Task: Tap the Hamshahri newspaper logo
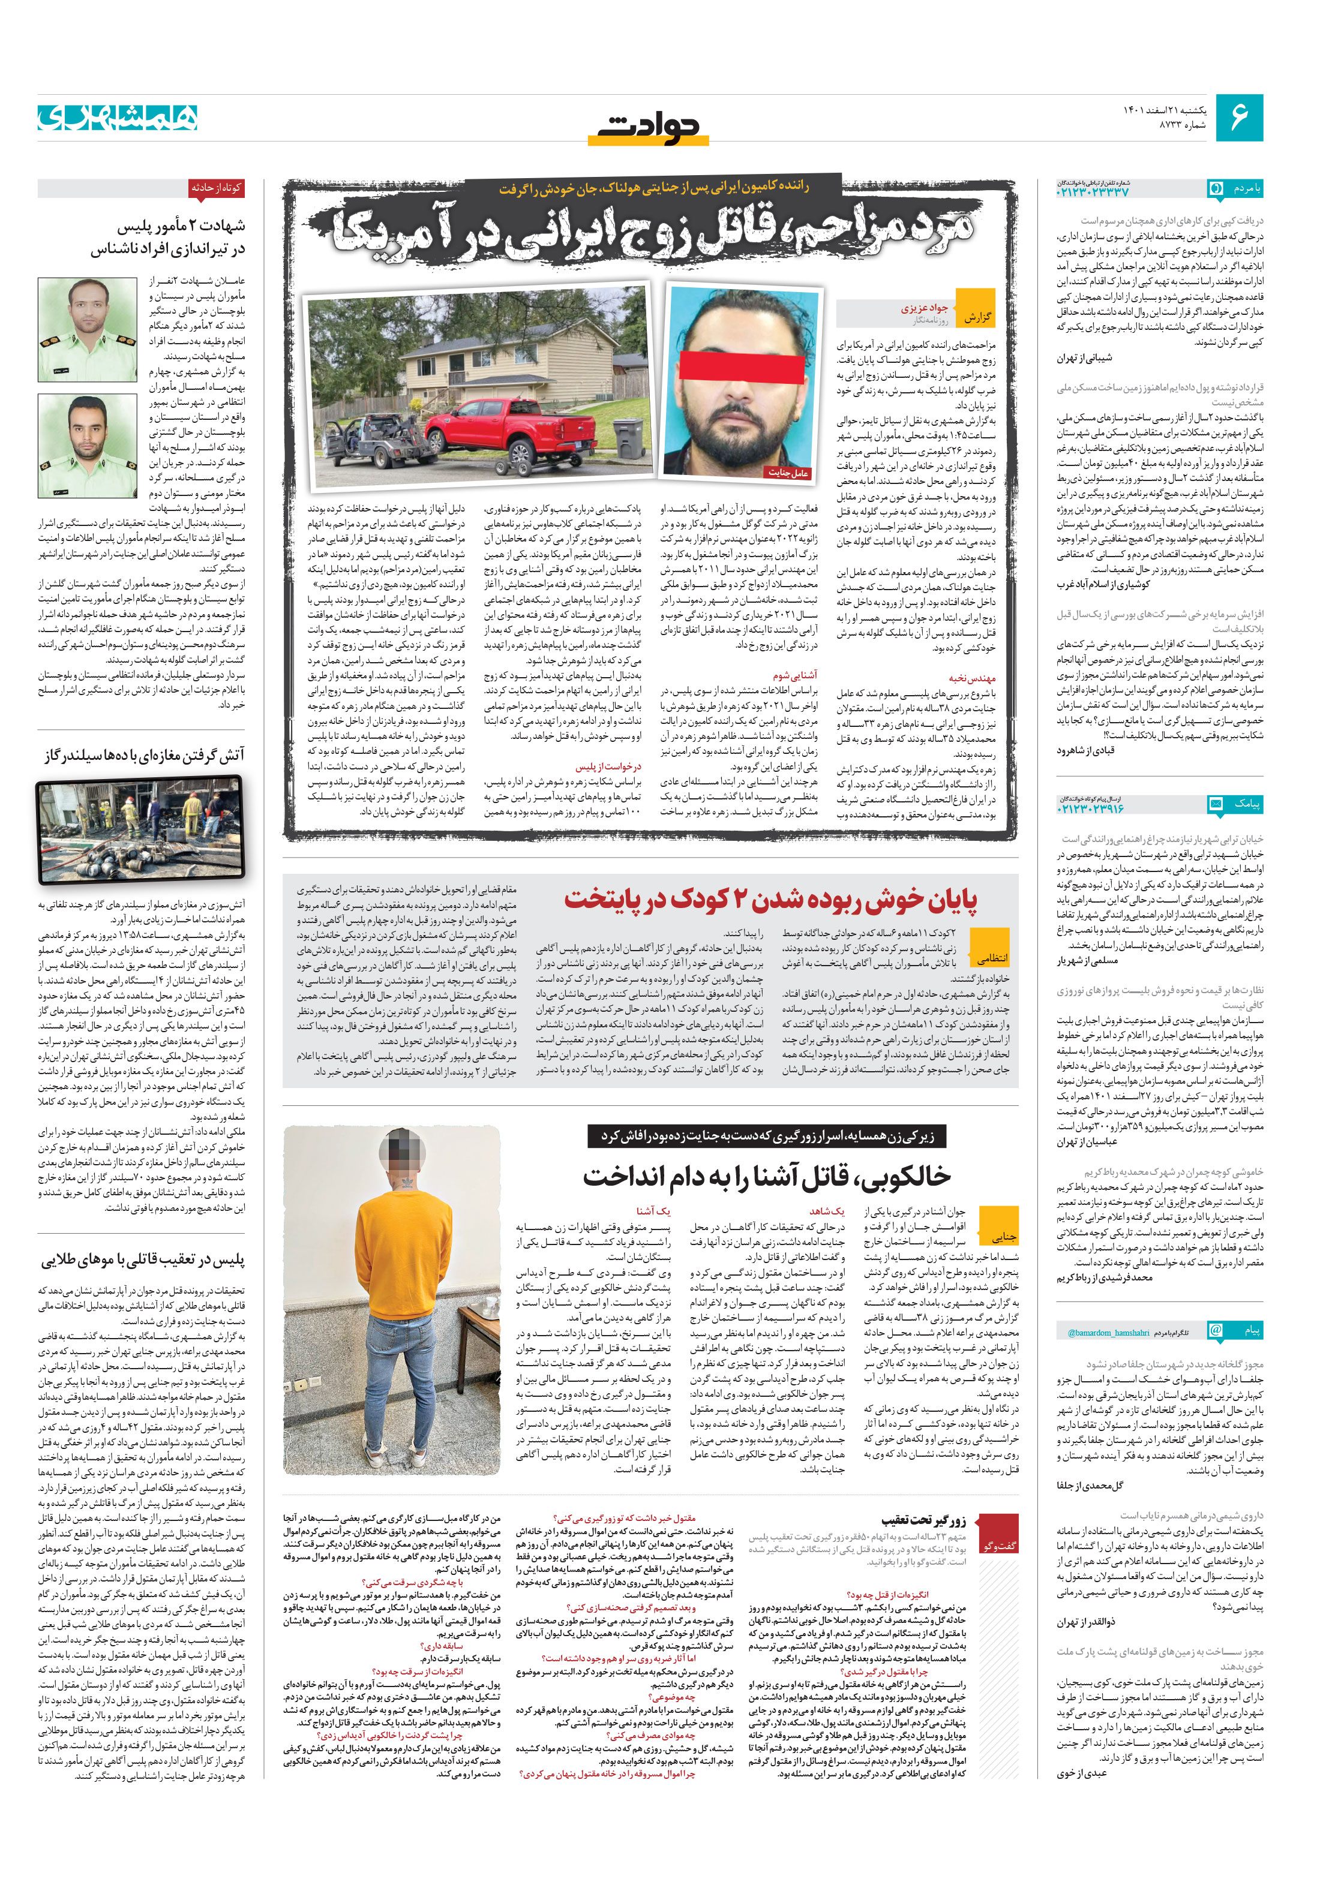tap(118, 118)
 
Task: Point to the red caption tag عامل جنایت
tap(788, 472)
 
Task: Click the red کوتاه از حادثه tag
tap(216, 188)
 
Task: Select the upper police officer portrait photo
tap(87, 329)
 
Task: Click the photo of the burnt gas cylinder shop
tap(140, 829)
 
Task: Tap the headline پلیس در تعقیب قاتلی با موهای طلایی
tap(143, 1259)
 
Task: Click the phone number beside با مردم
tap(1093, 191)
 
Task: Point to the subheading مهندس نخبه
tap(972, 678)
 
